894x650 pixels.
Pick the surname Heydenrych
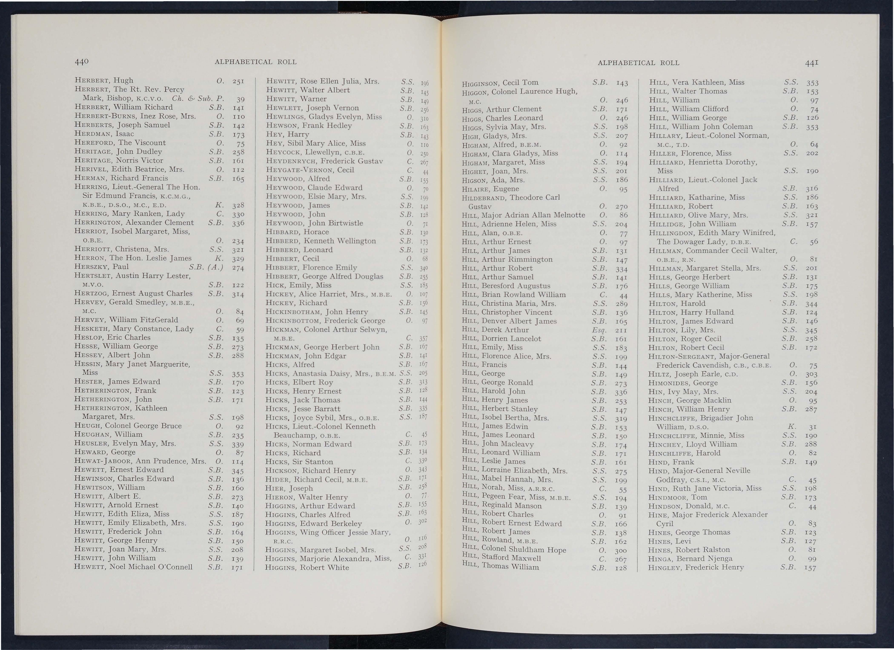(291, 161)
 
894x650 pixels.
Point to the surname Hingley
(665, 568)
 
